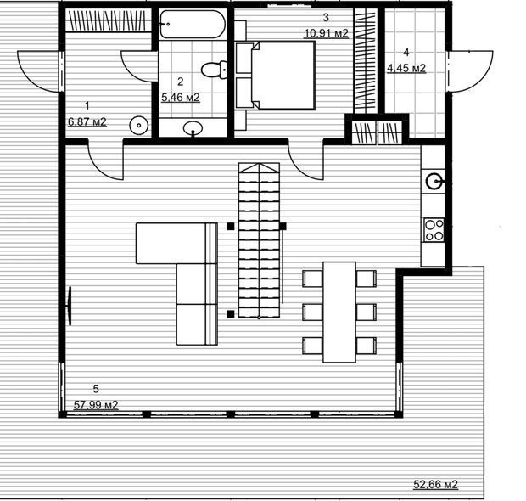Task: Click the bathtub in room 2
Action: (x=193, y=24)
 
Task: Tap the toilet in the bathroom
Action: (x=214, y=70)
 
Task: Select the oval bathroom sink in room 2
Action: (x=193, y=128)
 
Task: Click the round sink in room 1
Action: (x=139, y=126)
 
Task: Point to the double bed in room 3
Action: (x=275, y=76)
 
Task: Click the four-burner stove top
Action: (x=434, y=230)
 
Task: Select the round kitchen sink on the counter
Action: (x=434, y=182)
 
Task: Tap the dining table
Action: (x=339, y=312)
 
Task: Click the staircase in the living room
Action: (x=259, y=240)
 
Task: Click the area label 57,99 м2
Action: (x=96, y=405)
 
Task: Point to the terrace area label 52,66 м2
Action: (x=435, y=484)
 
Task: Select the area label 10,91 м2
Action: (x=326, y=33)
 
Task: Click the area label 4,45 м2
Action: (x=406, y=68)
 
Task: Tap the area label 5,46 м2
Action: (x=181, y=98)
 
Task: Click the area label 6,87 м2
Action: (x=87, y=121)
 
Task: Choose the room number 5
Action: (x=96, y=389)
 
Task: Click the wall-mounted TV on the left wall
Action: (x=70, y=306)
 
